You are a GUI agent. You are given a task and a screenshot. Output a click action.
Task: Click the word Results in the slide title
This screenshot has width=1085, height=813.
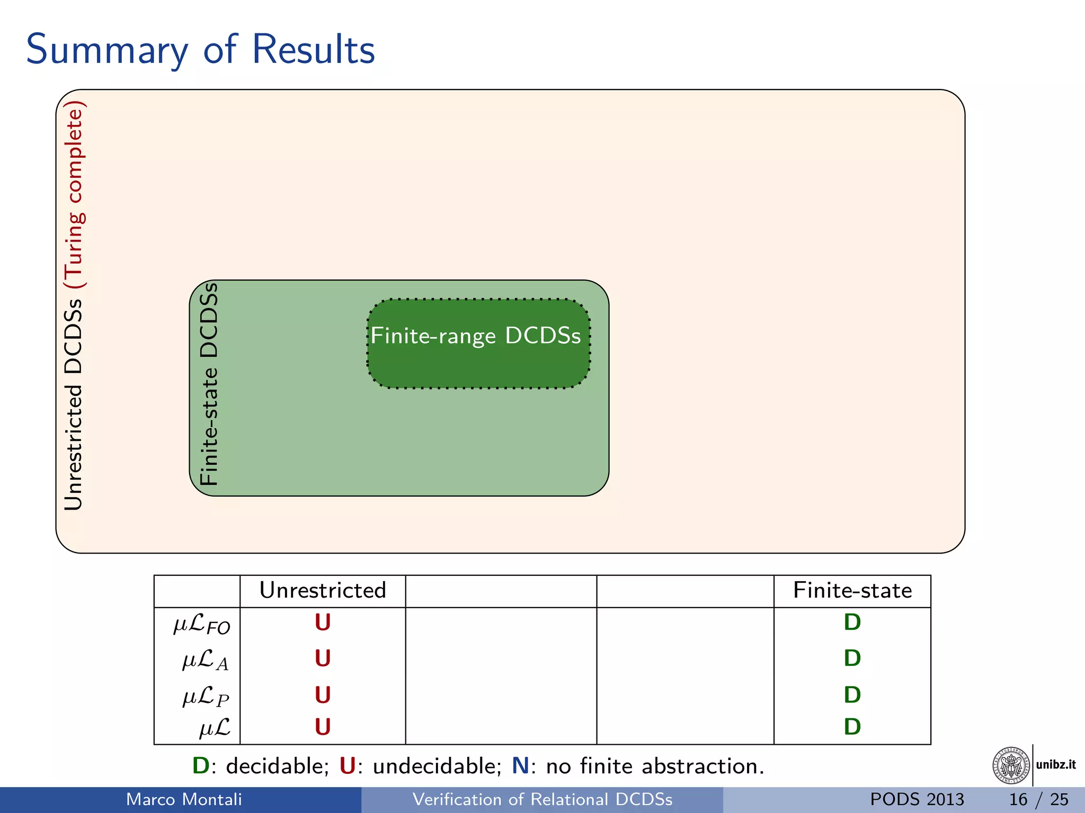[313, 49]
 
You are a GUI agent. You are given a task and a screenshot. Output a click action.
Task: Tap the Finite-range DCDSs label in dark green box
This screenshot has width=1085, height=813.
[475, 336]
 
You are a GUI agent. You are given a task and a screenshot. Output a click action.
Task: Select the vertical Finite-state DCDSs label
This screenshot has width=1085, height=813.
[209, 384]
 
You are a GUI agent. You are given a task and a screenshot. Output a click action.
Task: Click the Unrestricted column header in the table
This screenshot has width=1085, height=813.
[323, 591]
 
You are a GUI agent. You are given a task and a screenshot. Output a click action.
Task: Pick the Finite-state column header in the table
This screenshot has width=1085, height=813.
[852, 591]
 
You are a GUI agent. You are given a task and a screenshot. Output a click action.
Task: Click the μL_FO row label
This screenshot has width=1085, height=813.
[201, 625]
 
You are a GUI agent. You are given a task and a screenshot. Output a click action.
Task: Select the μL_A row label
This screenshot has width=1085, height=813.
[205, 661]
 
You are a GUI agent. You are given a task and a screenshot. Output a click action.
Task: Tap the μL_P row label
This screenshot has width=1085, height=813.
[206, 697]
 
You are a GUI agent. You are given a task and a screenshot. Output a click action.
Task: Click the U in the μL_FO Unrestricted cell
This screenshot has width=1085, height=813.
[323, 622]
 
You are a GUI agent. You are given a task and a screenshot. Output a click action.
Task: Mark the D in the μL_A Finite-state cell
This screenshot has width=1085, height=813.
[852, 658]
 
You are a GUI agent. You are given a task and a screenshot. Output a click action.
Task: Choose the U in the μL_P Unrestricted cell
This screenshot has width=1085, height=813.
[323, 695]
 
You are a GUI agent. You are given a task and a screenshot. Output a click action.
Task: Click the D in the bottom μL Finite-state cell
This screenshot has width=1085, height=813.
[852, 727]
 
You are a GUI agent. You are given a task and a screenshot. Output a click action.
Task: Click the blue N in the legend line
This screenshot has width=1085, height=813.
[520, 766]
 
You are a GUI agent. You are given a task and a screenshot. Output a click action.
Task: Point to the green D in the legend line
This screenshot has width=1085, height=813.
[201, 766]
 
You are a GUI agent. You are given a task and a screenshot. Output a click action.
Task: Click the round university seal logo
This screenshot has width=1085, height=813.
[1011, 765]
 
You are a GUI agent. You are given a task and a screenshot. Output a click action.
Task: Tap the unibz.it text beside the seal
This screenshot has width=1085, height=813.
[1056, 765]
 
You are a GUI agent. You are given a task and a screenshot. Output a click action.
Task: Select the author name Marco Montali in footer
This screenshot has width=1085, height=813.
[184, 799]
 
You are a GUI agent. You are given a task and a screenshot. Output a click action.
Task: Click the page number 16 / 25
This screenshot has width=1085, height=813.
[1038, 799]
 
